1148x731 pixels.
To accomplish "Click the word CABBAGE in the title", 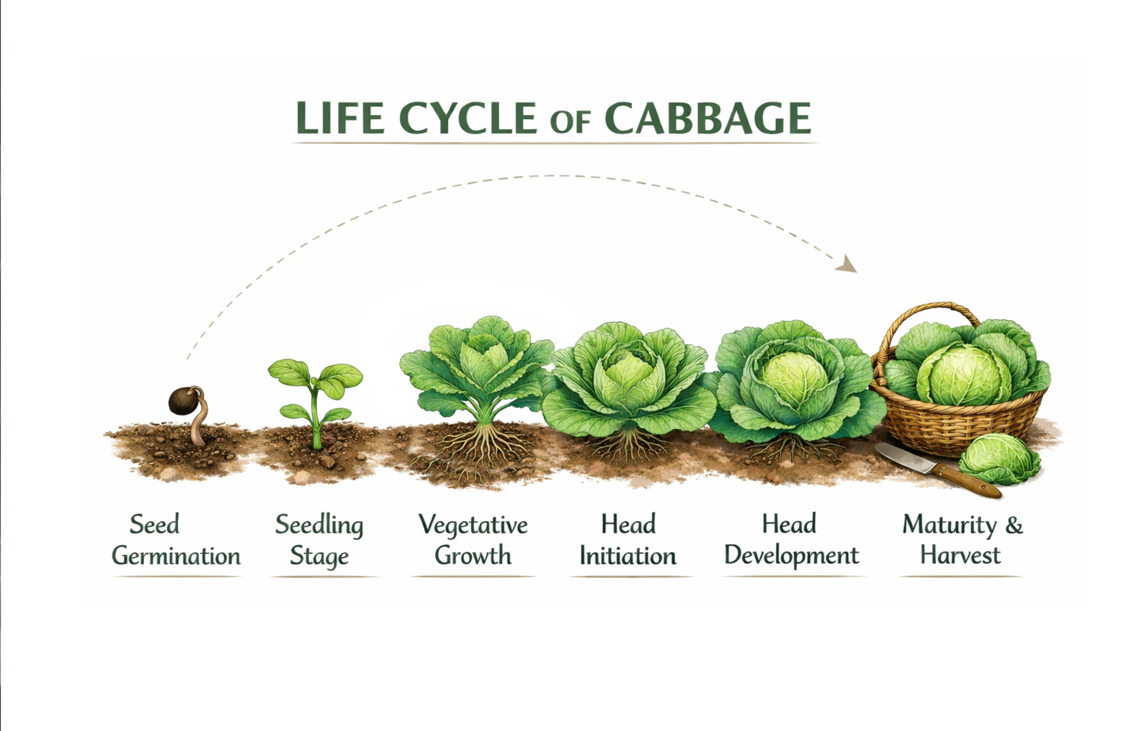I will pyautogui.click(x=708, y=118).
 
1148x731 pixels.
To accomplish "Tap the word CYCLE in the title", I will pyautogui.click(x=468, y=118).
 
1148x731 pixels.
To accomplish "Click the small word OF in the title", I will pyautogui.click(x=570, y=123).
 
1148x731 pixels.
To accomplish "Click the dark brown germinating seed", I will pyautogui.click(x=184, y=401).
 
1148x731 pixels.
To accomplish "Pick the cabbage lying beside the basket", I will pyautogui.click(x=999, y=459).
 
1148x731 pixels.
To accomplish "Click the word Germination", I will pyautogui.click(x=176, y=556).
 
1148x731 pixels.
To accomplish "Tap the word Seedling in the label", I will pyautogui.click(x=319, y=525).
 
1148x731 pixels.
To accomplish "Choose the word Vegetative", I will pyautogui.click(x=473, y=525).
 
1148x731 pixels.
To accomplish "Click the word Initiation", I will pyautogui.click(x=628, y=556).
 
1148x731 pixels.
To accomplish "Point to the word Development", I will pyautogui.click(x=791, y=556).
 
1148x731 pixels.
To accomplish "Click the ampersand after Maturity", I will pyautogui.click(x=1014, y=525).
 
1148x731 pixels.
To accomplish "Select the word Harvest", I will pyautogui.click(x=960, y=556).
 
